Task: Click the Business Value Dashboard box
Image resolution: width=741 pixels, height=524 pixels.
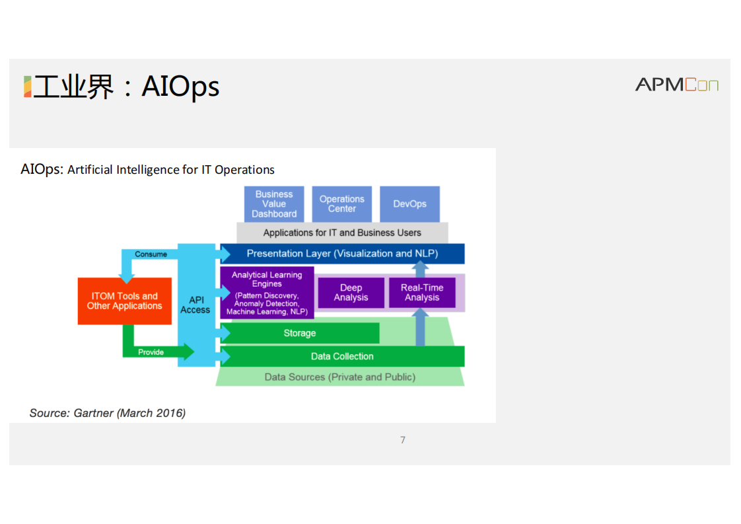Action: (274, 204)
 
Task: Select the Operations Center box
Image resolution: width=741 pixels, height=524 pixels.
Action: (342, 204)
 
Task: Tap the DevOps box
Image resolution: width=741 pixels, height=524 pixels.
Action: (409, 204)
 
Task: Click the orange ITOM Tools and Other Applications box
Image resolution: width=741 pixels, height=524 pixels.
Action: (124, 301)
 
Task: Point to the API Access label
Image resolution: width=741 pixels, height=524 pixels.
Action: (195, 305)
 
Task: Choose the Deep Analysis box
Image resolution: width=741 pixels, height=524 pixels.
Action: (351, 293)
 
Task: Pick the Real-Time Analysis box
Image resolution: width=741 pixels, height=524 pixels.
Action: (422, 293)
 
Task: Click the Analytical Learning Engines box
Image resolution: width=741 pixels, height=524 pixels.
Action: (267, 293)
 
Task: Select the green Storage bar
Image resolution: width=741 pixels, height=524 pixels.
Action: (300, 333)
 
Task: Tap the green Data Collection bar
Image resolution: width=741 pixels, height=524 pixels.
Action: (342, 356)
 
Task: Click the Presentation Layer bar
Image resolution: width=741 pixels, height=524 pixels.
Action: (342, 254)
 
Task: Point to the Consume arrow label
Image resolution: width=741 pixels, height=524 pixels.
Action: (151, 254)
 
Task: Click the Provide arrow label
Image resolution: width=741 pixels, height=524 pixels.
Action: (151, 352)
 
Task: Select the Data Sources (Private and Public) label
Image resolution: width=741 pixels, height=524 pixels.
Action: (340, 377)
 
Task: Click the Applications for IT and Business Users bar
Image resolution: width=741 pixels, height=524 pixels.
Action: (342, 233)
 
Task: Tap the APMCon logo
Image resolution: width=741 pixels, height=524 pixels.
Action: (676, 85)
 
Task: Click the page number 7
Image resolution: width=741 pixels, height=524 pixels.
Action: (403, 440)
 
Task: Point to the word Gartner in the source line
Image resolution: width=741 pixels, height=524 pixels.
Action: (93, 413)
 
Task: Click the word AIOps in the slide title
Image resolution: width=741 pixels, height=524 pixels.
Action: (180, 87)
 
